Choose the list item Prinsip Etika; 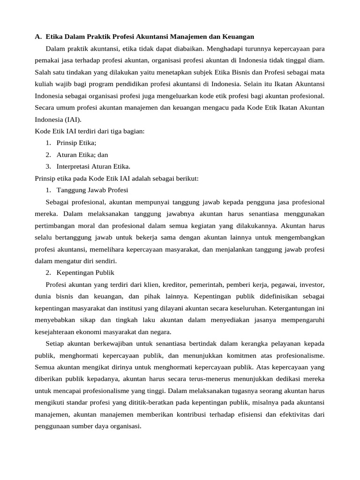76,143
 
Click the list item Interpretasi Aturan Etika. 94,166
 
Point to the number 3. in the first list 48,166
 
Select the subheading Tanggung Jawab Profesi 92,190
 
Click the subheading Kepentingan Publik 85,272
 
